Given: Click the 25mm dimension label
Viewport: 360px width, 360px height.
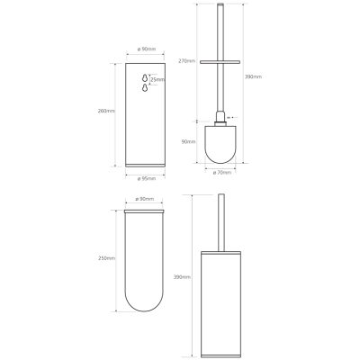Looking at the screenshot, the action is point(157,80).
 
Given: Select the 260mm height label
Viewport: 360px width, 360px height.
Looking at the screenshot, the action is point(106,111).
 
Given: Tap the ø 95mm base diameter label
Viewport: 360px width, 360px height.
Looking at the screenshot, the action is point(147,179).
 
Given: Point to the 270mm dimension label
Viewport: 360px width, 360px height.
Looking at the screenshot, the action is point(186,61).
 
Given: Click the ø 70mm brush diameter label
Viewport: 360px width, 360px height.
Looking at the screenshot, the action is point(222,173).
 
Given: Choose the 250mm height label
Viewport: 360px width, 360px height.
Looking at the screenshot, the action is point(107,258).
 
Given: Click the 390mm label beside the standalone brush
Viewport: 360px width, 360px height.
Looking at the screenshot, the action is point(253,76).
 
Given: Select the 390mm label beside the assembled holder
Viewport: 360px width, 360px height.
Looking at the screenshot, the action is point(182,277).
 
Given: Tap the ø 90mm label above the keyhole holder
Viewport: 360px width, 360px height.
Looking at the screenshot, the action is point(147,49).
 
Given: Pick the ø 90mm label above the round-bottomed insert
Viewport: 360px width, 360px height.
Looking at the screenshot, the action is point(145,199).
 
